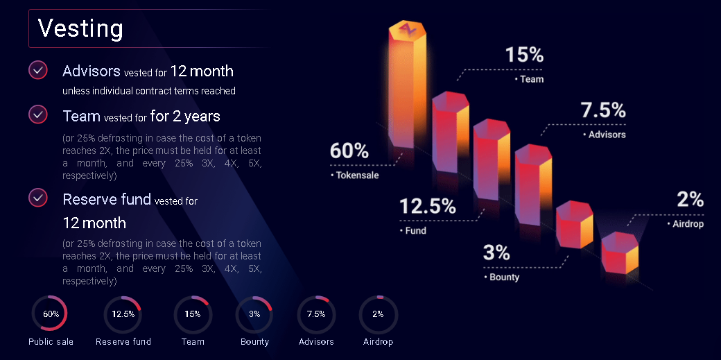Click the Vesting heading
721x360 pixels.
tap(80, 28)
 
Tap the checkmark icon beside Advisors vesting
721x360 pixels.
tap(38, 70)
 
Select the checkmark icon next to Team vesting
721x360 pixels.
tap(38, 114)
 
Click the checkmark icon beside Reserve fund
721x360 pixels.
tap(38, 198)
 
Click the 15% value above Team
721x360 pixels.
tap(524, 55)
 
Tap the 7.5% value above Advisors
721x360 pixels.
tap(603, 111)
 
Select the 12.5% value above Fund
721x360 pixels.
tap(428, 206)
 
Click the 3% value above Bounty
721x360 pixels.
tap(496, 253)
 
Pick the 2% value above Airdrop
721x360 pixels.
tap(690, 200)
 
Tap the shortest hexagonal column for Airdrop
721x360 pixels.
tap(619, 253)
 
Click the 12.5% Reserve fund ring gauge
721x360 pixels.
tap(123, 314)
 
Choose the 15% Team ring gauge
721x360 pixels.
tap(192, 314)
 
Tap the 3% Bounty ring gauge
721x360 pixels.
tap(254, 314)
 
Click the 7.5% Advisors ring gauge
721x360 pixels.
tap(316, 314)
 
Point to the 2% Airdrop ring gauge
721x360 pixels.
tap(378, 314)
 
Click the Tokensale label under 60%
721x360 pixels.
tap(357, 175)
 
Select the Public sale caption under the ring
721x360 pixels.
tap(51, 342)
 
